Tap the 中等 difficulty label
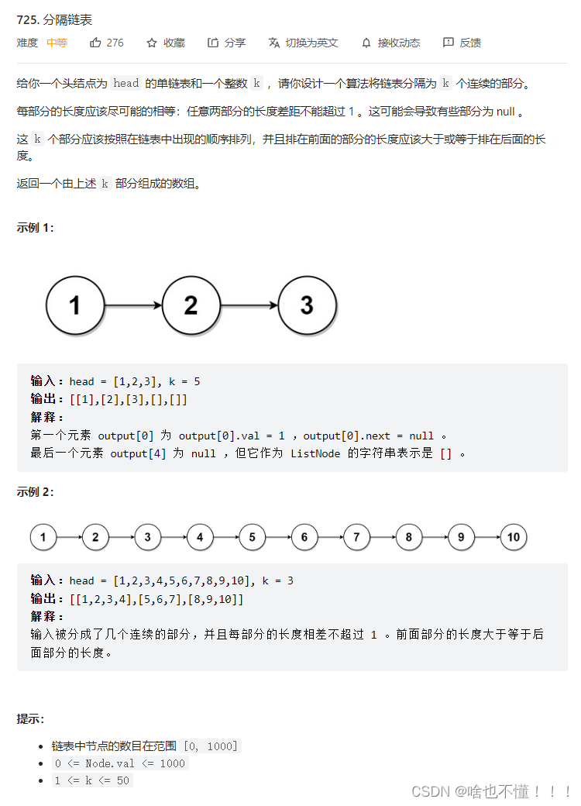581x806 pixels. click(x=57, y=43)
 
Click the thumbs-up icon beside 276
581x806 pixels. click(x=96, y=43)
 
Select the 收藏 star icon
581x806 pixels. click(x=152, y=43)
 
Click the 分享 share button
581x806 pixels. click(x=226, y=43)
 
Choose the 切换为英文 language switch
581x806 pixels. click(x=303, y=43)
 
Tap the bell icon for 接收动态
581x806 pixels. click(x=366, y=43)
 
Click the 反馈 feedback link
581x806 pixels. click(x=462, y=43)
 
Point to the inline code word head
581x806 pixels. click(x=125, y=84)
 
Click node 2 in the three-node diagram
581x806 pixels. click(x=191, y=305)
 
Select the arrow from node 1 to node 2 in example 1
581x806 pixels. click(x=133, y=305)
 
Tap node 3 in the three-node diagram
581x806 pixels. click(x=307, y=305)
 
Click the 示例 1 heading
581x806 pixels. click(x=36, y=228)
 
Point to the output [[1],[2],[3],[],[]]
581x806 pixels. click(x=129, y=400)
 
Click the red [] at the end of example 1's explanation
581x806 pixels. click(x=445, y=453)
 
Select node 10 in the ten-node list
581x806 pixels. click(x=513, y=537)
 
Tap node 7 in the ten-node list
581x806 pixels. click(x=356, y=537)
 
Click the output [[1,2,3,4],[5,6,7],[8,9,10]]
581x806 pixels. click(x=156, y=599)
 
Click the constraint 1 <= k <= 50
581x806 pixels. click(x=92, y=780)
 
